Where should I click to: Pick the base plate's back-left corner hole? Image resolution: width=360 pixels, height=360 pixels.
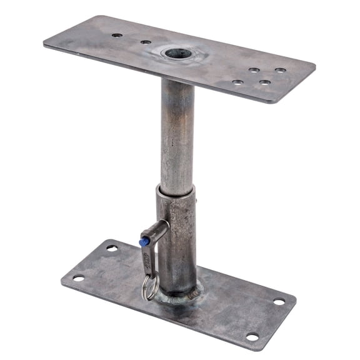112,248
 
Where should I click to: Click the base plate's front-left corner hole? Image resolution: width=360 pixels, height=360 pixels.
78,278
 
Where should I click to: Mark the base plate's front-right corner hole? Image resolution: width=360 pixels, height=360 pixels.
252,337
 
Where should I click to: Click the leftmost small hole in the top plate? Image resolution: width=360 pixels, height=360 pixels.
116,36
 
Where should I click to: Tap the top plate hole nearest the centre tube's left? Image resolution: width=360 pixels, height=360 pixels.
146,42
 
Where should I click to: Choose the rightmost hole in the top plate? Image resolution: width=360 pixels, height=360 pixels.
281,71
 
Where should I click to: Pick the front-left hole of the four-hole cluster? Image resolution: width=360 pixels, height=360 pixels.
237,81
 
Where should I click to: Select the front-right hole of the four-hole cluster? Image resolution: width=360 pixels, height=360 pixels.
265,82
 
